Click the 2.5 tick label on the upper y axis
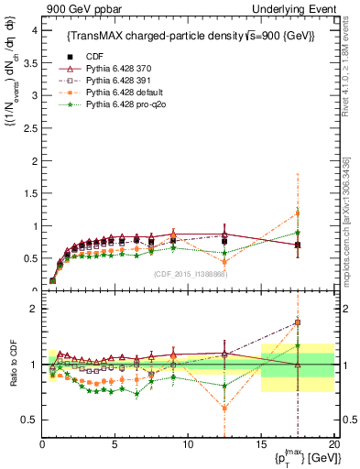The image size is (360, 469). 29,127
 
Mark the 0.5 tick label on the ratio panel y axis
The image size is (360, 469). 29,420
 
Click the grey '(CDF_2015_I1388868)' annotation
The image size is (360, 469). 189,274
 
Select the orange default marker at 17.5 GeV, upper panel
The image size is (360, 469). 297,213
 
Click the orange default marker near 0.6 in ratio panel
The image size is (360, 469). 224,409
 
